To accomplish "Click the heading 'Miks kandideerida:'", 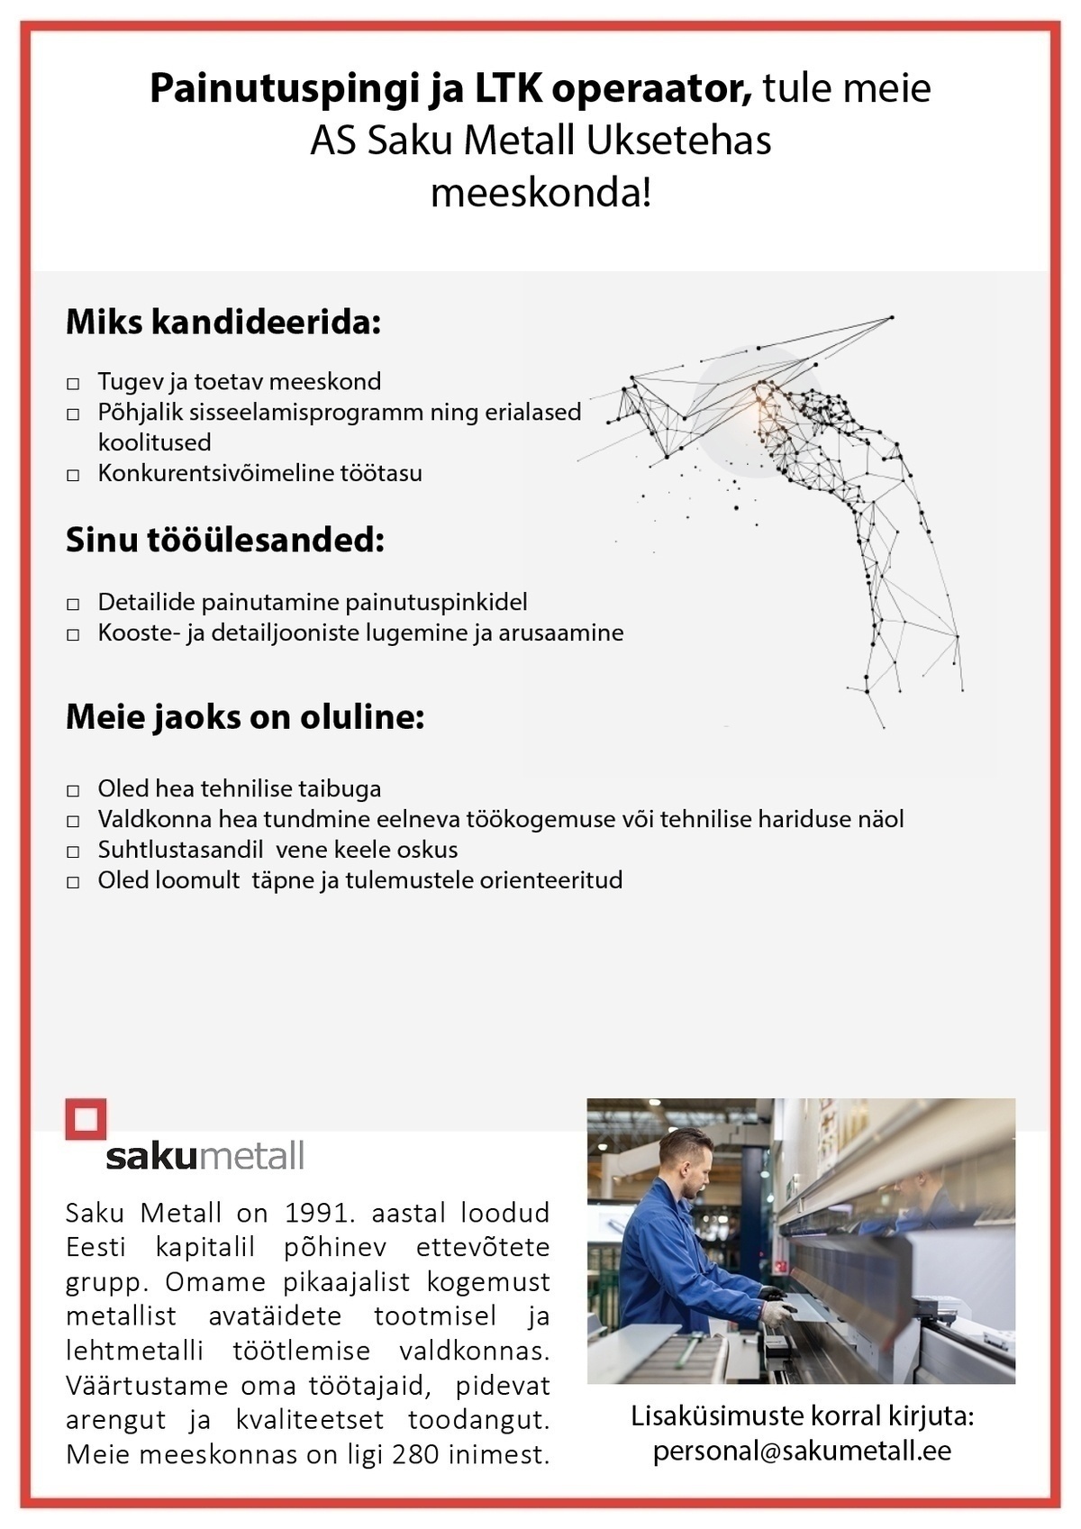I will [223, 323].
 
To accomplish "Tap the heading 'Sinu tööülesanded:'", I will [225, 541].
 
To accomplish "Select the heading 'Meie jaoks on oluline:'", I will [245, 717].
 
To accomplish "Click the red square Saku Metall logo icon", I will [86, 1119].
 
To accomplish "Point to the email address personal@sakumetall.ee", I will [802, 1451].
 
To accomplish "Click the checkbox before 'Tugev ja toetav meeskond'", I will [73, 384].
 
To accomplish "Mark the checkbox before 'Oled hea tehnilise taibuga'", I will [73, 791].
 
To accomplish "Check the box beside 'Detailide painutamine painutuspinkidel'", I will [73, 605].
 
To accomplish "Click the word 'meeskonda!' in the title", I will [540, 193].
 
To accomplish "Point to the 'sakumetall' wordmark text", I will [205, 1155].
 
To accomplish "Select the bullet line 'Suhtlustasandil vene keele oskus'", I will [277, 850].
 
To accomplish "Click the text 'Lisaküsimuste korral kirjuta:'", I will [802, 1416].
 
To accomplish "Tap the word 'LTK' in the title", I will [507, 90].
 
